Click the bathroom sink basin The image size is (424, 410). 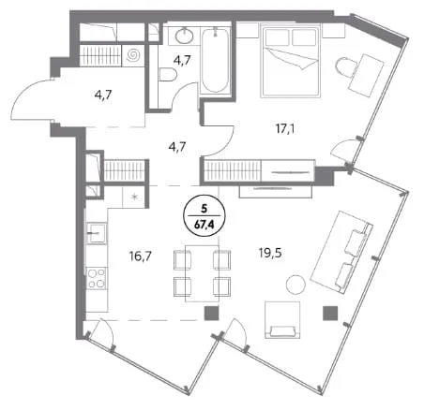[x=185, y=36]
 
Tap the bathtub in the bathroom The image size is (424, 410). [x=215, y=61]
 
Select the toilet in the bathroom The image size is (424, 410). [x=168, y=75]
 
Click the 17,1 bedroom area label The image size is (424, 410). [x=285, y=128]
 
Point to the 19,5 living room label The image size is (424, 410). [x=270, y=253]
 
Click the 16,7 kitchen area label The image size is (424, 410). [x=141, y=256]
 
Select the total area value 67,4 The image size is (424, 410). [x=204, y=225]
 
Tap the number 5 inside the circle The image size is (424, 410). [x=204, y=209]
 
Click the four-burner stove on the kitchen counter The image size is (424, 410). [x=97, y=278]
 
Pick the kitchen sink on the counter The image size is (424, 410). [x=97, y=233]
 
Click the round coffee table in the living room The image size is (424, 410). [x=295, y=284]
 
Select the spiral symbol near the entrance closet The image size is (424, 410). [x=134, y=55]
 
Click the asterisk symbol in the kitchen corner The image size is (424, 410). [x=134, y=197]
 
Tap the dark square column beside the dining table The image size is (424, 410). [x=211, y=314]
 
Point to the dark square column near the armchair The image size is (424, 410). [x=330, y=314]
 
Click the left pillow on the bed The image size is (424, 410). [x=277, y=37]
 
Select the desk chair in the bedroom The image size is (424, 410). [x=346, y=67]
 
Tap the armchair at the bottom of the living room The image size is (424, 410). [x=282, y=320]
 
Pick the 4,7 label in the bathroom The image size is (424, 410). [x=182, y=60]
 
